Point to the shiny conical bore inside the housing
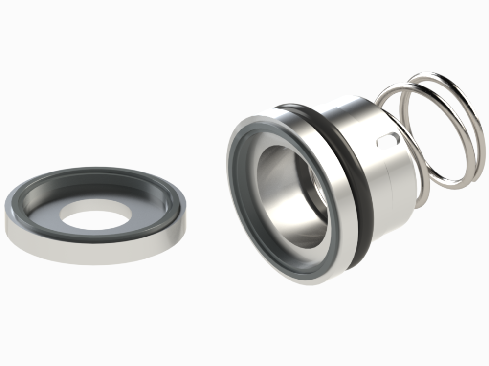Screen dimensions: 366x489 274,205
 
